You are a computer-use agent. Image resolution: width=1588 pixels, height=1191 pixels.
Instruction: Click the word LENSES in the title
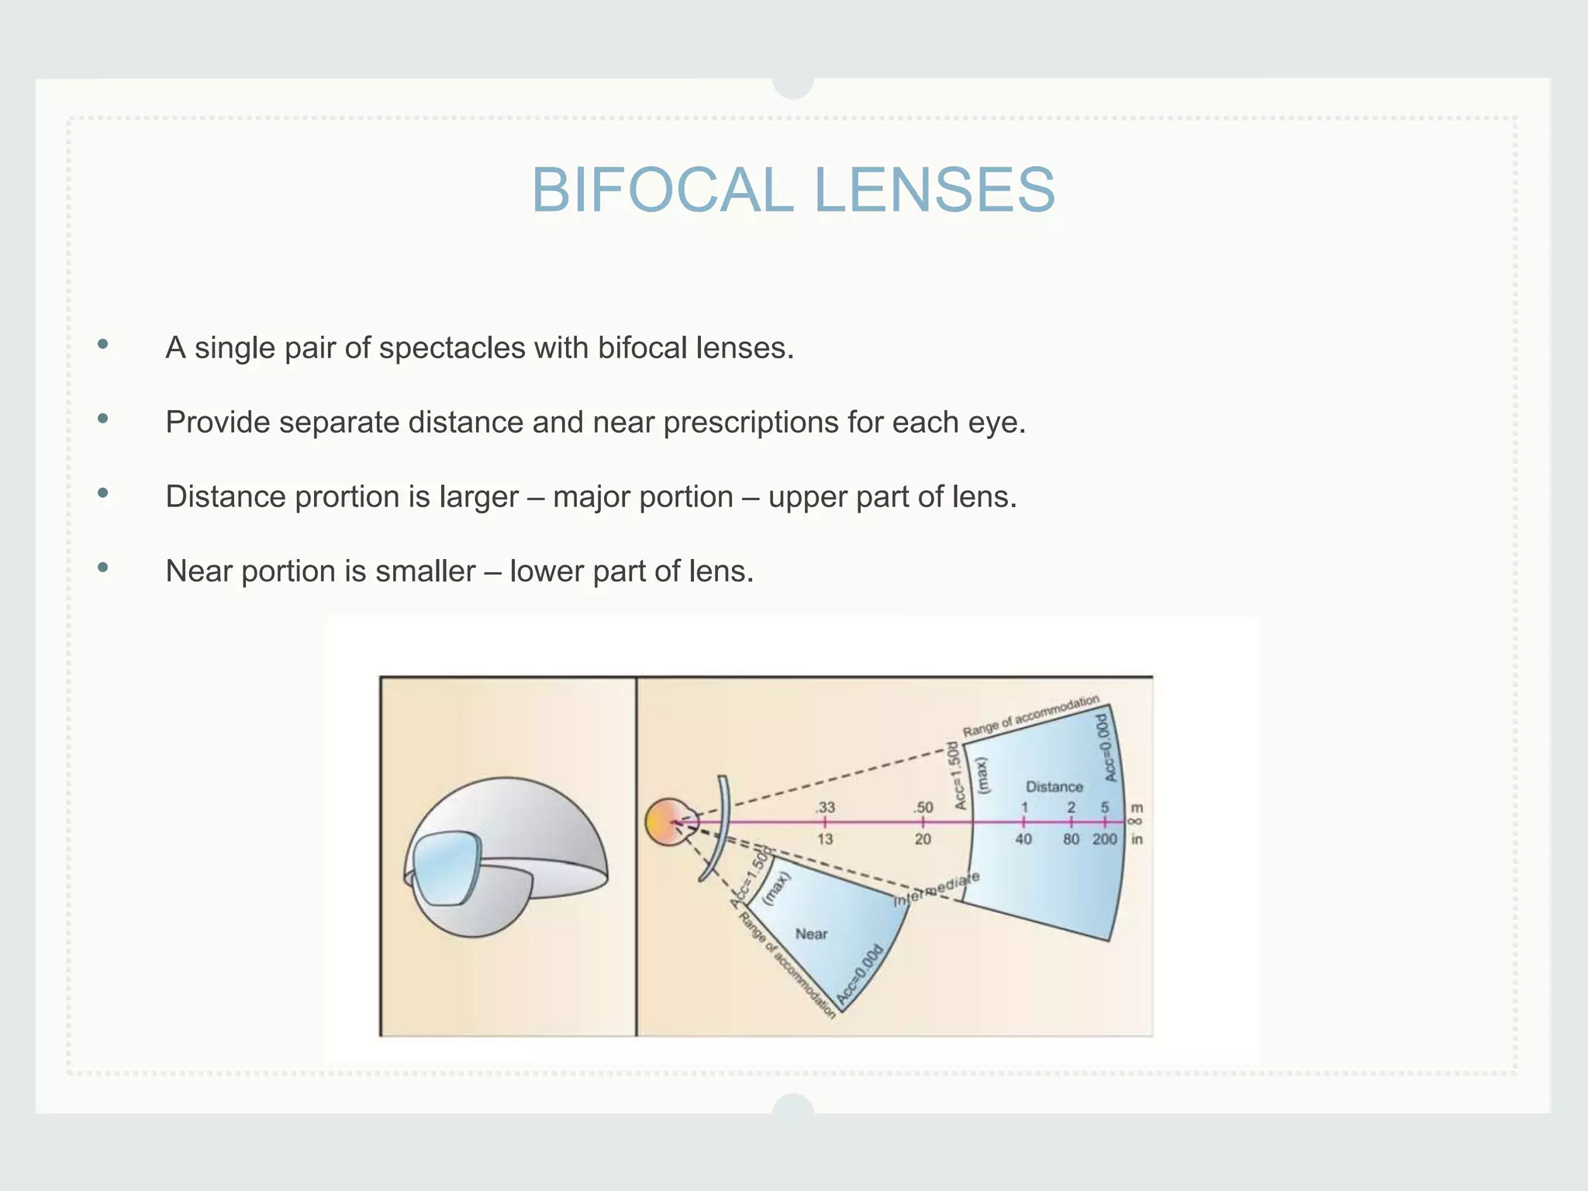click(934, 191)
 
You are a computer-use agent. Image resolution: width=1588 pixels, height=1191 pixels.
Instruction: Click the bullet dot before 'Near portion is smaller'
click(103, 568)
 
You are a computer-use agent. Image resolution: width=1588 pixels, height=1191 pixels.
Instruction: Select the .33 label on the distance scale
click(825, 807)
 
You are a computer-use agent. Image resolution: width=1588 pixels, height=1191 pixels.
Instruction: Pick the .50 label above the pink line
click(923, 807)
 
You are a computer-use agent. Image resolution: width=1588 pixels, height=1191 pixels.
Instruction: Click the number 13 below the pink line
click(825, 839)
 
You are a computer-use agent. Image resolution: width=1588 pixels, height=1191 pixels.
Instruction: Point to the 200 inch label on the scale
click(1105, 839)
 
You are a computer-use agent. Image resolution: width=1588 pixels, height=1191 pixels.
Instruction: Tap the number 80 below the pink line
click(1071, 839)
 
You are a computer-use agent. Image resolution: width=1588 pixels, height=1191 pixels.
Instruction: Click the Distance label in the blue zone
click(1054, 786)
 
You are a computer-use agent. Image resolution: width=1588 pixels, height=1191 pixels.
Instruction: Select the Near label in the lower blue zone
click(811, 934)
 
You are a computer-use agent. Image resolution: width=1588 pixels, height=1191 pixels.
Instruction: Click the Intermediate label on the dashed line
click(937, 889)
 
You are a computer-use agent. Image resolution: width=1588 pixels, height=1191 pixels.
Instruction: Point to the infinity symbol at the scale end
click(1137, 822)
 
